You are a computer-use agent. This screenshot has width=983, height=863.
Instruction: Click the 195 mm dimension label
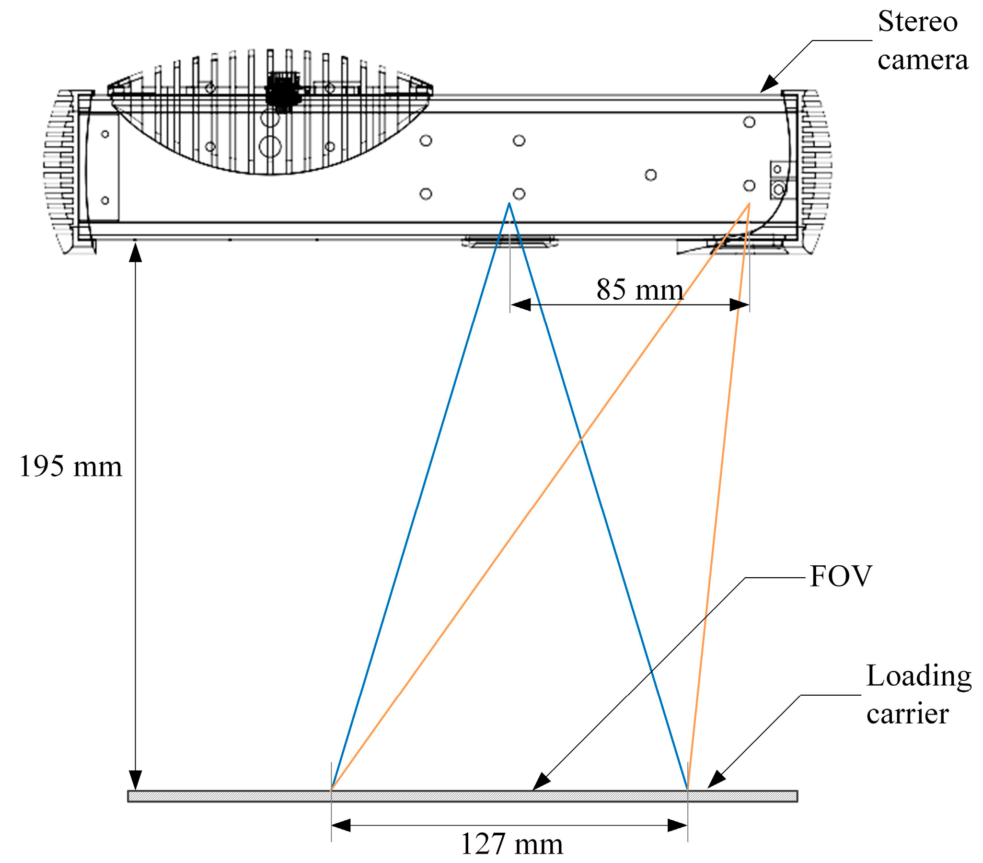coord(71,466)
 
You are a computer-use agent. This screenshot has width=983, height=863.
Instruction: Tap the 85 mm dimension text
coord(640,290)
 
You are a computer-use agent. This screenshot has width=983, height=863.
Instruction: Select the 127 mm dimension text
coord(512,844)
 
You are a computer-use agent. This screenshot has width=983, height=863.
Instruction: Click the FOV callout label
coord(841,576)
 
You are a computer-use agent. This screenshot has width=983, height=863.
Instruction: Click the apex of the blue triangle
coord(509,204)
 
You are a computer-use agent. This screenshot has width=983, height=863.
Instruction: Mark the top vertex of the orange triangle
coord(749,204)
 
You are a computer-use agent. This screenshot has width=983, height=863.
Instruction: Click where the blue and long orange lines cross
coord(581,439)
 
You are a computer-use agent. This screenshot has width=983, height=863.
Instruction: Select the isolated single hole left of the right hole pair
coord(651,175)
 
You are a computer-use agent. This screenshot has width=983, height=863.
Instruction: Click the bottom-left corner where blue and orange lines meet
coord(331,789)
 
